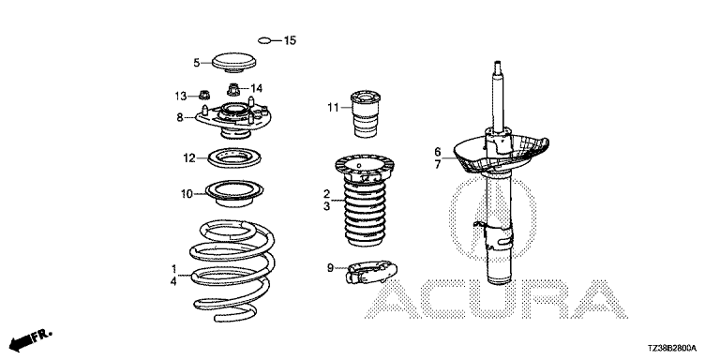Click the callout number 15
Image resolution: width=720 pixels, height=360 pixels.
[290, 40]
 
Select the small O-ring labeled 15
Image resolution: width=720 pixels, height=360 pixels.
[264, 41]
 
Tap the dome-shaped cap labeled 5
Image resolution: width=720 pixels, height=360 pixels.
[233, 63]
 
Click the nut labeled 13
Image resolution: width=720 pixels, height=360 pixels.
[203, 95]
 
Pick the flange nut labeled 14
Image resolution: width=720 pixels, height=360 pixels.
[233, 88]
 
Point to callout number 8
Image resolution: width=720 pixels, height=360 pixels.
[180, 117]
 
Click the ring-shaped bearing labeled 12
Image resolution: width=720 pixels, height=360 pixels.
[234, 157]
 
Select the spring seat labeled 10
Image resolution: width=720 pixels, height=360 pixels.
[234, 193]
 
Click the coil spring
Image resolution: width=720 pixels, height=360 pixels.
[233, 271]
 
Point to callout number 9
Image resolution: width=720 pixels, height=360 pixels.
[331, 267]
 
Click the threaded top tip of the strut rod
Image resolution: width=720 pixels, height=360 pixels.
[496, 66]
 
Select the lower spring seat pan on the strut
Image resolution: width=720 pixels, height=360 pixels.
[501, 153]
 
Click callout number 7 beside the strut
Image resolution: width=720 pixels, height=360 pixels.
[438, 164]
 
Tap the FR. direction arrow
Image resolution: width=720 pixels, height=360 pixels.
[31, 339]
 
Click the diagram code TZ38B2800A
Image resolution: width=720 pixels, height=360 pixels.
[672, 348]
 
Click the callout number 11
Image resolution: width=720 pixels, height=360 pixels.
[333, 108]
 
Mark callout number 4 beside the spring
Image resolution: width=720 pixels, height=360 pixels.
[173, 281]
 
